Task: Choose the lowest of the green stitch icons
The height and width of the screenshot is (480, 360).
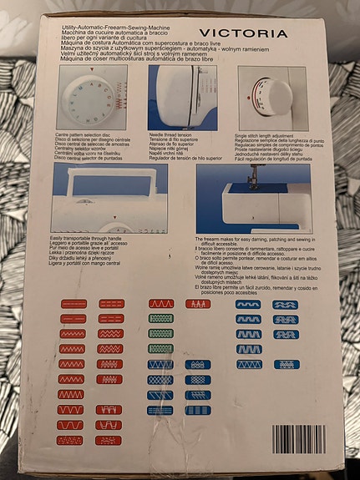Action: coord(160,348)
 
